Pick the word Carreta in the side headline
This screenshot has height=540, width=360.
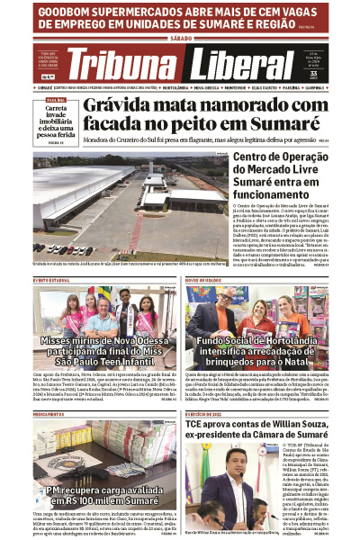pyautogui.click(x=51, y=108)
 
